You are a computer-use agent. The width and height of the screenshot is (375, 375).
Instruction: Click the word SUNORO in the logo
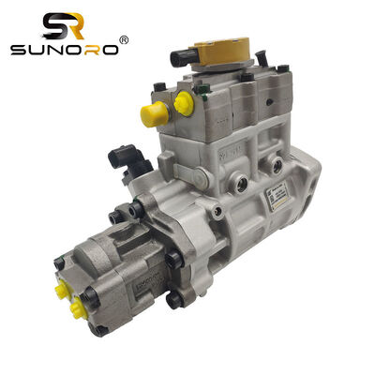click(x=64, y=48)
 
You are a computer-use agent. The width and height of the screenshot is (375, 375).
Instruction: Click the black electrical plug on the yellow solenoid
click(x=181, y=58)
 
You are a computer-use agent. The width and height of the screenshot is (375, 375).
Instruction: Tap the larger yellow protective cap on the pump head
click(x=154, y=114)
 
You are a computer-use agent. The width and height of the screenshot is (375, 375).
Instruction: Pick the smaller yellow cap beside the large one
click(x=184, y=103)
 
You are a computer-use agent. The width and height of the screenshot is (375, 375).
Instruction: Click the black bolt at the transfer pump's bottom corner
click(x=100, y=329)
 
